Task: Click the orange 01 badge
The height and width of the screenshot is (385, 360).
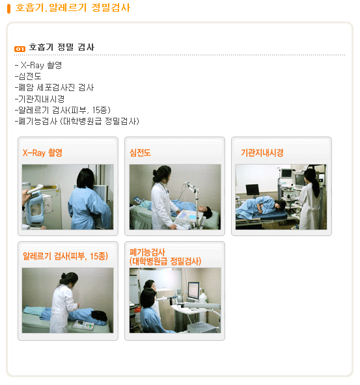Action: click(20, 49)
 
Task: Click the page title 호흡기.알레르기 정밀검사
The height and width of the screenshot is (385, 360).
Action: click(72, 8)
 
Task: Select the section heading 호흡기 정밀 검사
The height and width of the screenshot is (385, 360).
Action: click(62, 47)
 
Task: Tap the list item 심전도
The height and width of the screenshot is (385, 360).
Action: click(28, 76)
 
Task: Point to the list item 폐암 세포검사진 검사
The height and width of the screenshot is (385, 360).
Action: click(54, 87)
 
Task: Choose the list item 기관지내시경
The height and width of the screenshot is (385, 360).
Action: click(39, 99)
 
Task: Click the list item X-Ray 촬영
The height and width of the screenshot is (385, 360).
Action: click(38, 65)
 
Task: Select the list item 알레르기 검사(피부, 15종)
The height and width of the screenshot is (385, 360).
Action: click(62, 110)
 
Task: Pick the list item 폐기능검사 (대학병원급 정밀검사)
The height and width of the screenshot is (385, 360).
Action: click(77, 121)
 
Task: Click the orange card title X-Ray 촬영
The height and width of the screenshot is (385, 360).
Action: click(42, 153)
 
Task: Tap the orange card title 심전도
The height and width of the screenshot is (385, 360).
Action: click(140, 153)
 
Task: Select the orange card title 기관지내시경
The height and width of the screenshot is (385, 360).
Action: click(262, 153)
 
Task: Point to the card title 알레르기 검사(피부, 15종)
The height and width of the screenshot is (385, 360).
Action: click(65, 256)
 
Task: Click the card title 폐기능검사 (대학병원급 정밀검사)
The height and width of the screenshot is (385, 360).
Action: click(165, 257)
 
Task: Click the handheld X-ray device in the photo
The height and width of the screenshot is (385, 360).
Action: click(36, 206)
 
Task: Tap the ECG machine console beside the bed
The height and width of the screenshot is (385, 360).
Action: click(188, 217)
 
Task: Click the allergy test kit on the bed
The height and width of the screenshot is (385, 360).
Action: click(84, 325)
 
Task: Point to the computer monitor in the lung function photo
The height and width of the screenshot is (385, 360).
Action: click(193, 291)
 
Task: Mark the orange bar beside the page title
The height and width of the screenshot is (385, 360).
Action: click(9, 9)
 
